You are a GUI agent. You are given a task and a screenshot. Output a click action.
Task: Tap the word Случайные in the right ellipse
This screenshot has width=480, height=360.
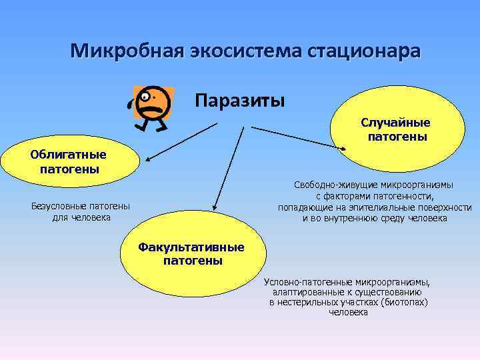395,123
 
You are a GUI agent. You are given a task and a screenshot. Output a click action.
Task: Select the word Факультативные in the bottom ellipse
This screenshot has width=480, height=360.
191,247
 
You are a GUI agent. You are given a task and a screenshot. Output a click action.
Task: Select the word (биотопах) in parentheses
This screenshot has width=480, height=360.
402,302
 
